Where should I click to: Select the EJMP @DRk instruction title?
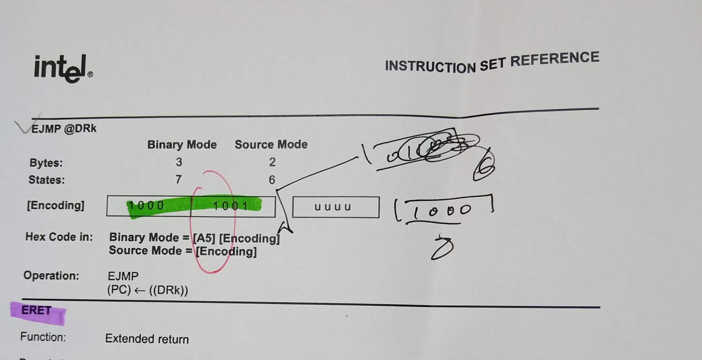point(64,129)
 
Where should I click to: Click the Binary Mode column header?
point(182,145)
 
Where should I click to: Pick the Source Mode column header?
point(271,145)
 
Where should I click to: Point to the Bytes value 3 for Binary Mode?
point(179,162)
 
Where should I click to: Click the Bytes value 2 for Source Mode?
point(272,162)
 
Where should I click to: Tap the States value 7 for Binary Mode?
point(178,180)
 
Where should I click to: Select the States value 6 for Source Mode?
point(271,180)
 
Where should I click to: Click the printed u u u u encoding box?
point(335,207)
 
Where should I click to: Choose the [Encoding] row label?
point(56,206)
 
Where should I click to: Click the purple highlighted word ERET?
point(37,310)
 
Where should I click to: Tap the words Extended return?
point(146,339)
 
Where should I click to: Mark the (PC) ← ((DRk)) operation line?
point(147,290)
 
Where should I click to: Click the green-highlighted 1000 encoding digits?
point(146,206)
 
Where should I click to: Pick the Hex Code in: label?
point(58,237)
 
